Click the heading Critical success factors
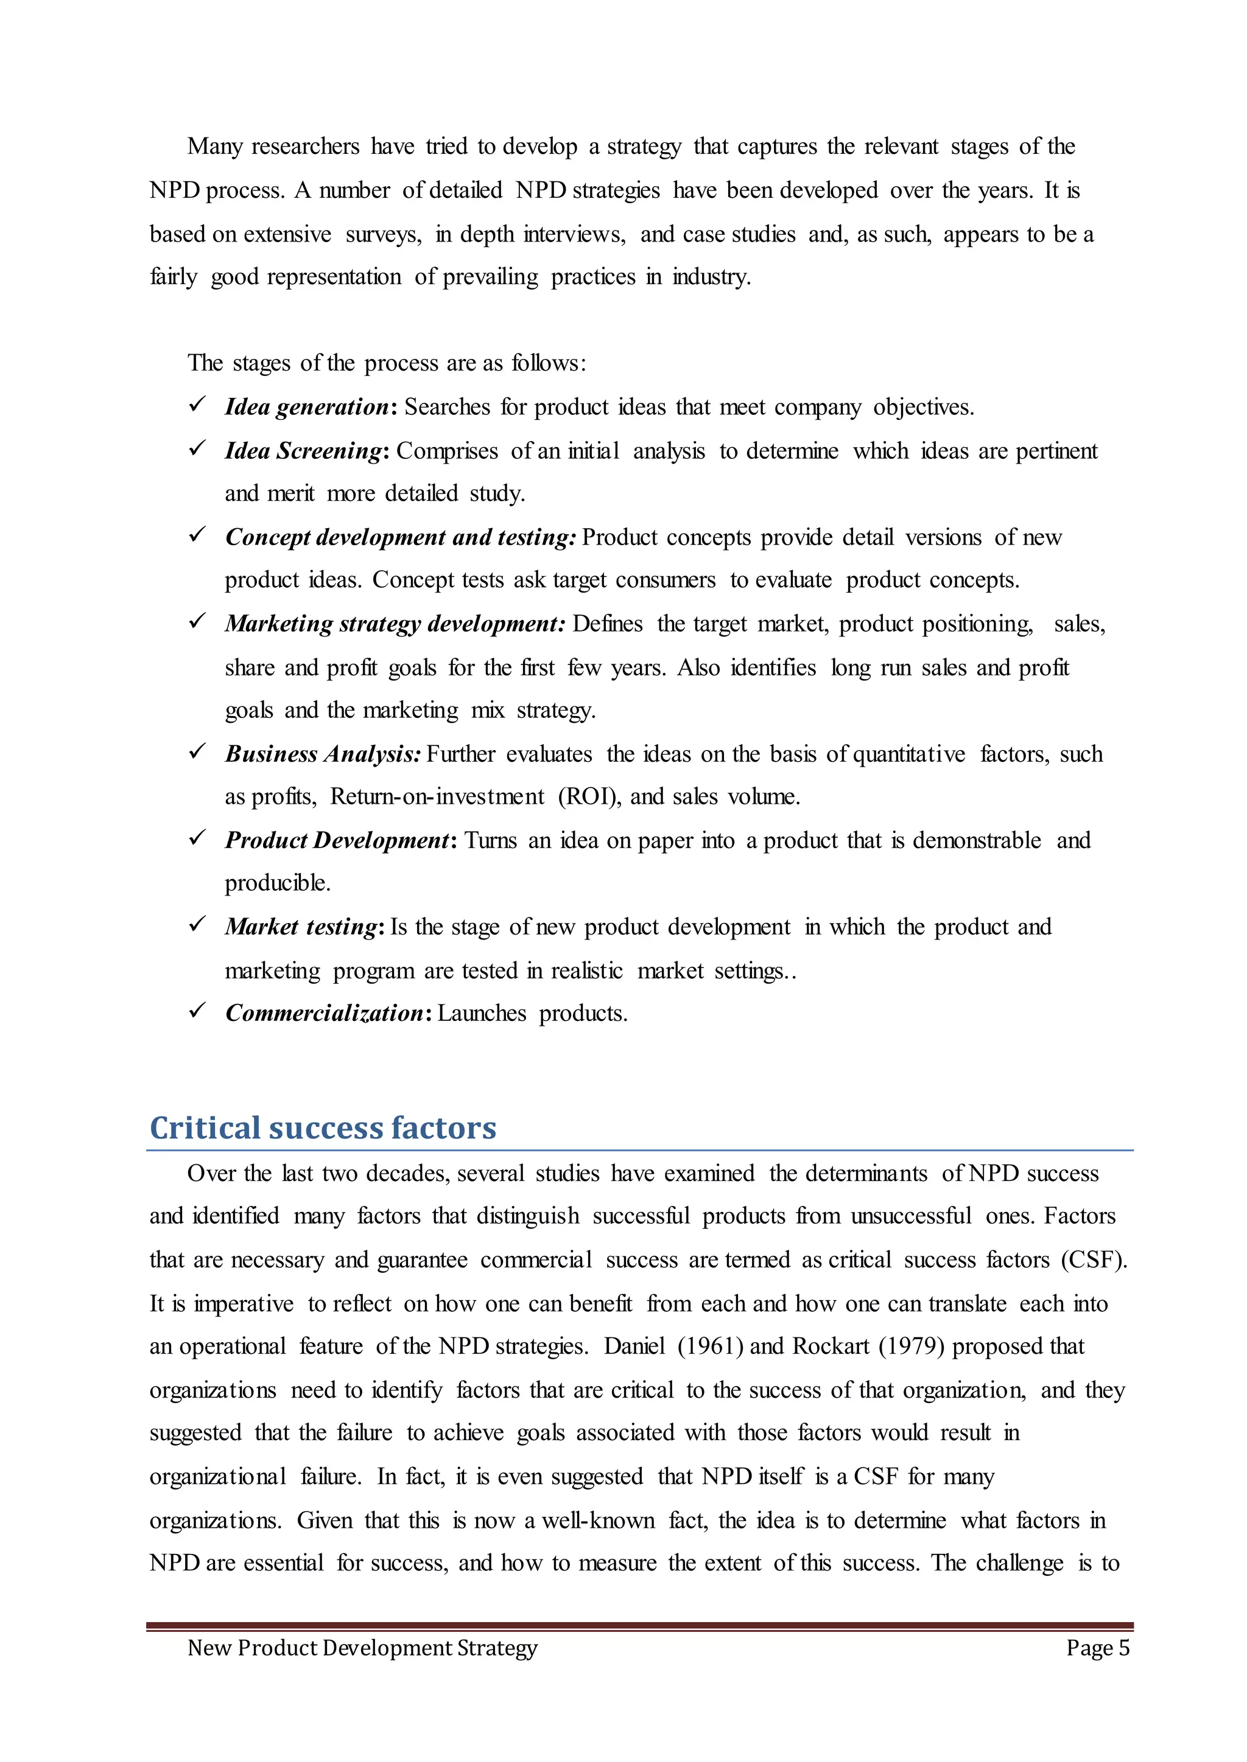[x=323, y=1128]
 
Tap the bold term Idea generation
[x=306, y=407]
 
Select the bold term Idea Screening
[x=303, y=451]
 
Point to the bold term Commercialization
[x=324, y=1013]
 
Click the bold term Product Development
[x=336, y=840]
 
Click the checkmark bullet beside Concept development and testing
[x=197, y=534]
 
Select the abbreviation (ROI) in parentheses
[x=589, y=796]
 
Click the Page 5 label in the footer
[x=1097, y=1648]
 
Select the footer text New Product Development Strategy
[x=362, y=1648]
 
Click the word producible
[x=277, y=883]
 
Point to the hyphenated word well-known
[x=598, y=1520]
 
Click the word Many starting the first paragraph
[x=214, y=147]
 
